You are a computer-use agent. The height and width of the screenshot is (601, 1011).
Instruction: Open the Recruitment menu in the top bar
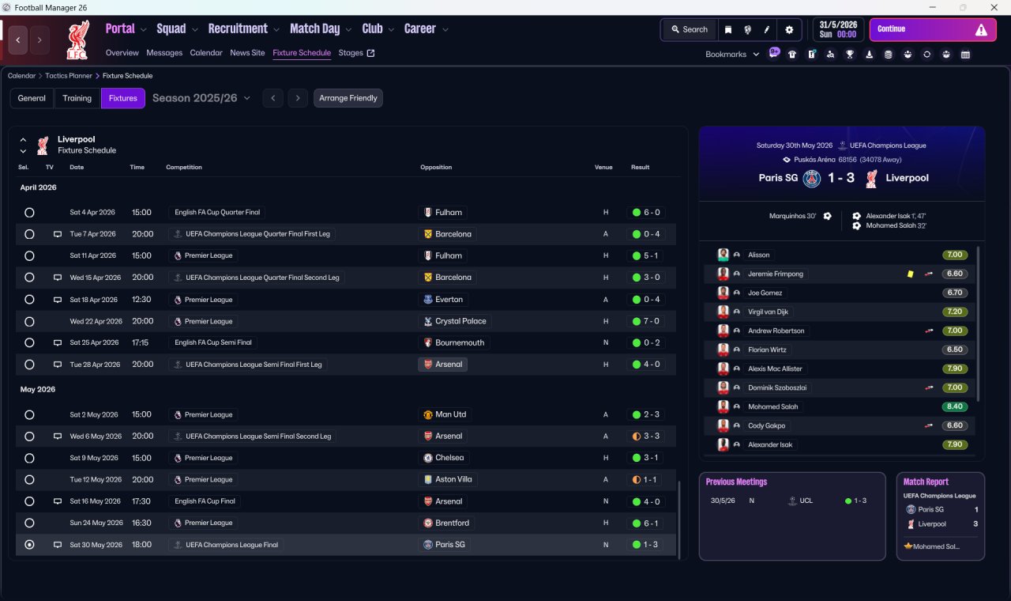coord(239,29)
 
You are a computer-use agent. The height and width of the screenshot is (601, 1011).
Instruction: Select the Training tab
coord(77,98)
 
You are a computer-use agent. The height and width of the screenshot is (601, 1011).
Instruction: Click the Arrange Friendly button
coord(348,98)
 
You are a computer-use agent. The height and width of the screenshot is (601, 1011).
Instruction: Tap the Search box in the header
coord(690,29)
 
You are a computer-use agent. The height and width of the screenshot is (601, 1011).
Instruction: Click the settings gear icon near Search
coord(789,29)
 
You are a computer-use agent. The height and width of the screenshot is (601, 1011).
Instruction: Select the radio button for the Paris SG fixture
coord(29,545)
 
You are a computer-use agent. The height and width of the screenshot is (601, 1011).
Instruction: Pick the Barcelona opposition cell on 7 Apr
coord(448,234)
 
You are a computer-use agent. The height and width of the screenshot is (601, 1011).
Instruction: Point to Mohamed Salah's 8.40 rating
coord(954,406)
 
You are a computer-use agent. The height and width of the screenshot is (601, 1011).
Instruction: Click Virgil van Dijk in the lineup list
coord(768,312)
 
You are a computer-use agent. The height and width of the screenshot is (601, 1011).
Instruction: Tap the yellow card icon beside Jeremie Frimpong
coord(910,274)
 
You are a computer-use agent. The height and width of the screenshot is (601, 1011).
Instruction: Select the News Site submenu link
coord(247,53)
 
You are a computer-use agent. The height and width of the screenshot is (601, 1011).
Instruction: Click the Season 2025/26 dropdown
coord(201,98)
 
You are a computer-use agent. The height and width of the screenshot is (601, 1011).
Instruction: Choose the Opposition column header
coord(436,168)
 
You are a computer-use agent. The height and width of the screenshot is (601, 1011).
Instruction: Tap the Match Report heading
coord(926,482)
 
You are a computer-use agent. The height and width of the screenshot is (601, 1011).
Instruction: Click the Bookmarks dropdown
coord(732,55)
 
